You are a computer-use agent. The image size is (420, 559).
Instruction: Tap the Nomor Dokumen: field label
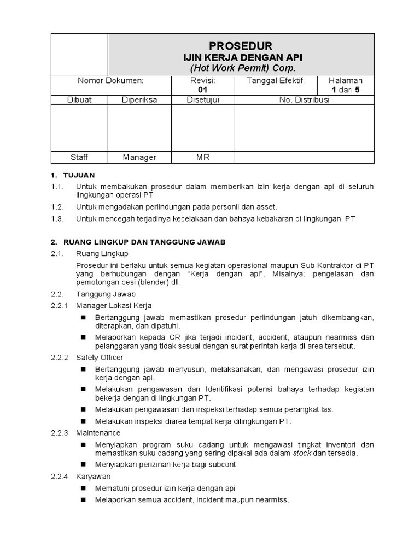[110, 81]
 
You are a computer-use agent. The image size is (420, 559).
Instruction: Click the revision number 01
[203, 90]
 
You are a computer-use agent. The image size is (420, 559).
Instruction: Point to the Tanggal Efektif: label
[276, 81]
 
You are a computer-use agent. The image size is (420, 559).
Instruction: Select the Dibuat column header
[79, 100]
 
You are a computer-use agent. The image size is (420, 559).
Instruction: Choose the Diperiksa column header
[139, 100]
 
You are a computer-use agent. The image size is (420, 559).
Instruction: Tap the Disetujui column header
[203, 100]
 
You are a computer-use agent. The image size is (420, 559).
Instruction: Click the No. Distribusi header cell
[304, 100]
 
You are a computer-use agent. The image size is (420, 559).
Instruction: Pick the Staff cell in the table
[79, 157]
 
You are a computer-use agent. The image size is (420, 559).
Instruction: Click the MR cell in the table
[203, 157]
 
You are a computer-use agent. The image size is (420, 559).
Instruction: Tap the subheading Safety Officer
[100, 358]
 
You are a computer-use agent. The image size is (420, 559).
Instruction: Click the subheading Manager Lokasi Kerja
[114, 305]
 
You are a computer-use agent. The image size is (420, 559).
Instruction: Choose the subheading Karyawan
[94, 477]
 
